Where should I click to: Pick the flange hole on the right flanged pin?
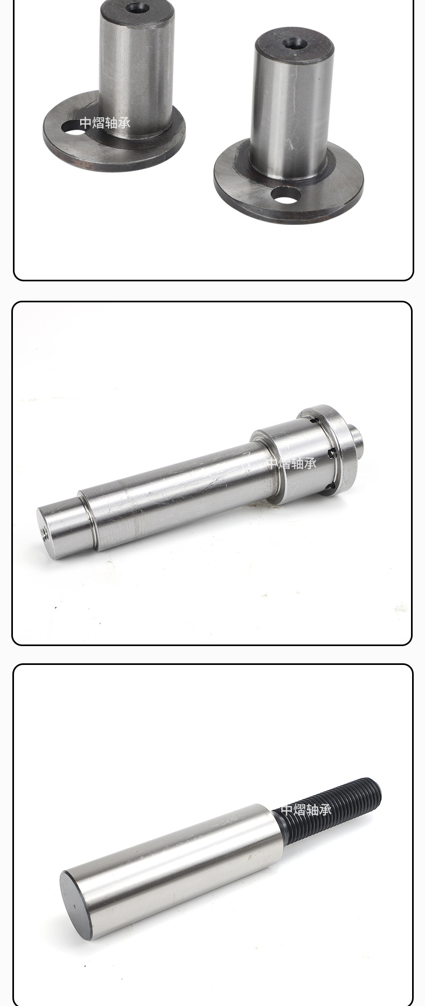286,195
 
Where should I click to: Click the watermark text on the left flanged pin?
105,123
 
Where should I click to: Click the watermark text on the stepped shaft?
291,463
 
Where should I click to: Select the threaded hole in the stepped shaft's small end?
44,533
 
